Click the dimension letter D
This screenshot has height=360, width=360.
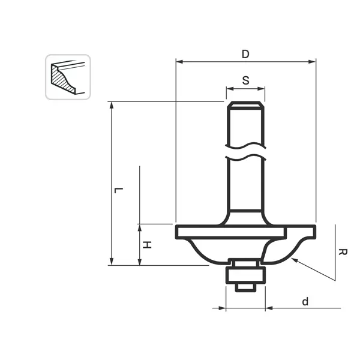[245, 54]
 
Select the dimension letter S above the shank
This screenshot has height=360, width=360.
[245, 80]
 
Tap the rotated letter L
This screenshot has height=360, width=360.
[119, 190]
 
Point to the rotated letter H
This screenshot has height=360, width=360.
[147, 245]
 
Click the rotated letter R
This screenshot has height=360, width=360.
[343, 252]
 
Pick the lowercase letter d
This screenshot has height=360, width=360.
[305, 301]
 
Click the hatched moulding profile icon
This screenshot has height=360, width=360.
[68, 77]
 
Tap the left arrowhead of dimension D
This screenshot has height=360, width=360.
[179, 62]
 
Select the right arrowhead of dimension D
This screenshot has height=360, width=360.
[312, 62]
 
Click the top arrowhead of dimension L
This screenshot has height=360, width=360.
[112, 105]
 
